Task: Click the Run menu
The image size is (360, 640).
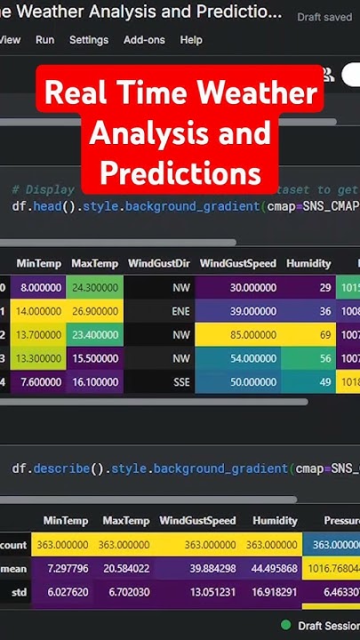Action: [44, 40]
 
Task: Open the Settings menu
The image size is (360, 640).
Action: [89, 40]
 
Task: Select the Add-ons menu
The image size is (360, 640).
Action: [144, 40]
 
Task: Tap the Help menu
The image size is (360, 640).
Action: [191, 40]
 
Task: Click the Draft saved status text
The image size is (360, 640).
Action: [324, 17]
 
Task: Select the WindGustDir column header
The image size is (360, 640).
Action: [158, 263]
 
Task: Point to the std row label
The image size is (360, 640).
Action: [12, 590]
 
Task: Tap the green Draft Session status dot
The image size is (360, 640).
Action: [285, 625]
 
